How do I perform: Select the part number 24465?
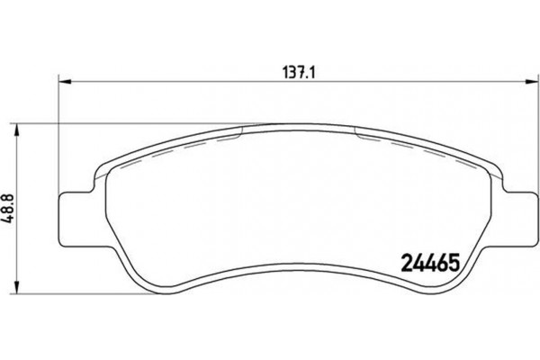[x=428, y=266]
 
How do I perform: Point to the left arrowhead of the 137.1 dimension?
[x=63, y=81]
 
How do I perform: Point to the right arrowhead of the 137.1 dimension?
[x=525, y=81]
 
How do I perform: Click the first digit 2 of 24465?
[x=402, y=266]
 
